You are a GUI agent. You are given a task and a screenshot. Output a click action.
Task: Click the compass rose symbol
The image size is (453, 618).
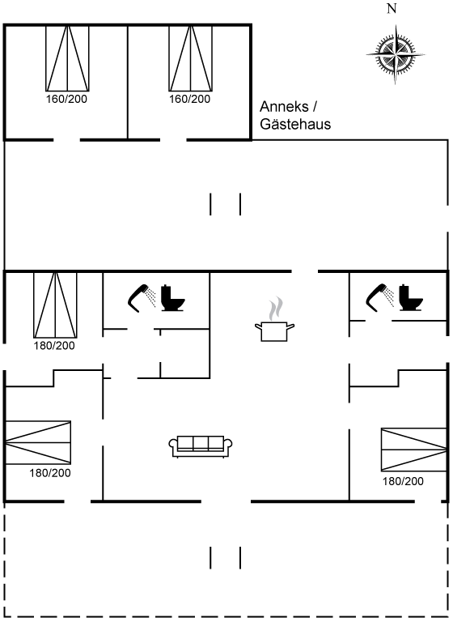point(396,54)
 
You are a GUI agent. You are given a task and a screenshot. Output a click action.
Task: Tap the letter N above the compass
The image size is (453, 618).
point(392,8)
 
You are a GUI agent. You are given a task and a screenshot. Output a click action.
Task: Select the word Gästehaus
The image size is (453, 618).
point(295,124)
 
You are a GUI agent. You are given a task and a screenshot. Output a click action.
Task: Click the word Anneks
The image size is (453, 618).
point(284,106)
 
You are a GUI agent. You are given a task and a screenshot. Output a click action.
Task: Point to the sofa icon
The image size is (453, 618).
point(201,446)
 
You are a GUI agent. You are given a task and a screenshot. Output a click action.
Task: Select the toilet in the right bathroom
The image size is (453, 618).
point(410,297)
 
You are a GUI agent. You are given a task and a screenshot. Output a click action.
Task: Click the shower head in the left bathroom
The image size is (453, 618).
point(142,298)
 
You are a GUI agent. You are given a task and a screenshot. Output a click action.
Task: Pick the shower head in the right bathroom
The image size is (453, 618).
point(380,297)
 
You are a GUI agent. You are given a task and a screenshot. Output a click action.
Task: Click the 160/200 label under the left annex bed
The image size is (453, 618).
point(66,99)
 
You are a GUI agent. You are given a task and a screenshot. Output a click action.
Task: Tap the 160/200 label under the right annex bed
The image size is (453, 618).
point(190,99)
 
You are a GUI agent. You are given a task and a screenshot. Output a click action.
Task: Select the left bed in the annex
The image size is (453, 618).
point(67,58)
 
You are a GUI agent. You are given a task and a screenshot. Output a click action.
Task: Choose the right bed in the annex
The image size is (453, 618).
point(190,58)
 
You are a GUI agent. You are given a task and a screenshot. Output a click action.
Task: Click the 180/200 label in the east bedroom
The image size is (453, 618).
point(403,481)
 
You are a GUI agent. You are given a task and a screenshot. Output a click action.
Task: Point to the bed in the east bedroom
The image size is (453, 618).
point(414,450)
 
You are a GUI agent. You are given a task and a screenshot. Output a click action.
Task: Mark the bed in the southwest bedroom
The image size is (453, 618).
point(38,442)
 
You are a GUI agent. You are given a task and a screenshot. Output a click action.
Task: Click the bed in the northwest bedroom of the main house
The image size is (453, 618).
point(55,305)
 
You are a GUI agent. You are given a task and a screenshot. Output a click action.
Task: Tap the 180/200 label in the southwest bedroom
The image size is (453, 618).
point(50,473)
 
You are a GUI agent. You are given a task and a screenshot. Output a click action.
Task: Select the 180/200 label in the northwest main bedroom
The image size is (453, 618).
point(54,346)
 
